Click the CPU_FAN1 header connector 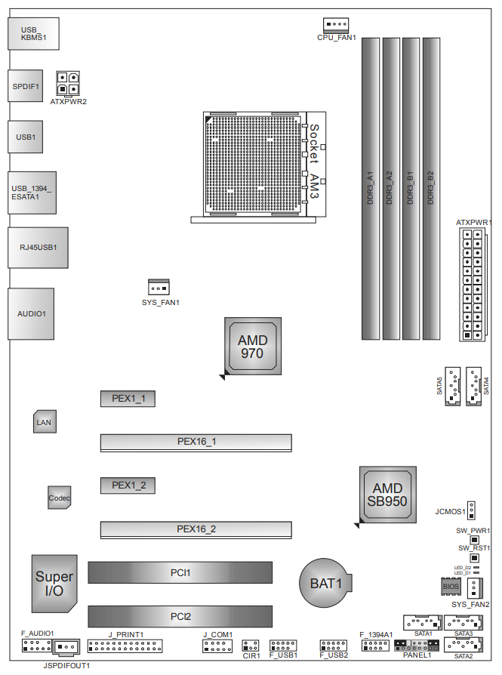(x=336, y=26)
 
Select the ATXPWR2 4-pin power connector (x=68, y=84)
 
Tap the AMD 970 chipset (x=253, y=346)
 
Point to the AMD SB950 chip (x=388, y=495)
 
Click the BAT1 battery (x=325, y=584)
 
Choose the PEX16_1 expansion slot (x=196, y=442)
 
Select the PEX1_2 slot (x=128, y=485)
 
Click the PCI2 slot (x=180, y=616)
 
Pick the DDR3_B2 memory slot (x=431, y=189)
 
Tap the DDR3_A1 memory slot (x=370, y=189)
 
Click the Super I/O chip (x=54, y=584)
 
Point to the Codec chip (x=59, y=498)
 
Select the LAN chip (x=45, y=421)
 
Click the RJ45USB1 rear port (x=38, y=248)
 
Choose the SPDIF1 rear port (x=26, y=86)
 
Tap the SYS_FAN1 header (x=159, y=287)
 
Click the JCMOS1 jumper (x=472, y=510)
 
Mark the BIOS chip (x=451, y=587)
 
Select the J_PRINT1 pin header (x=125, y=646)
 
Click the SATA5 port (x=452, y=386)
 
